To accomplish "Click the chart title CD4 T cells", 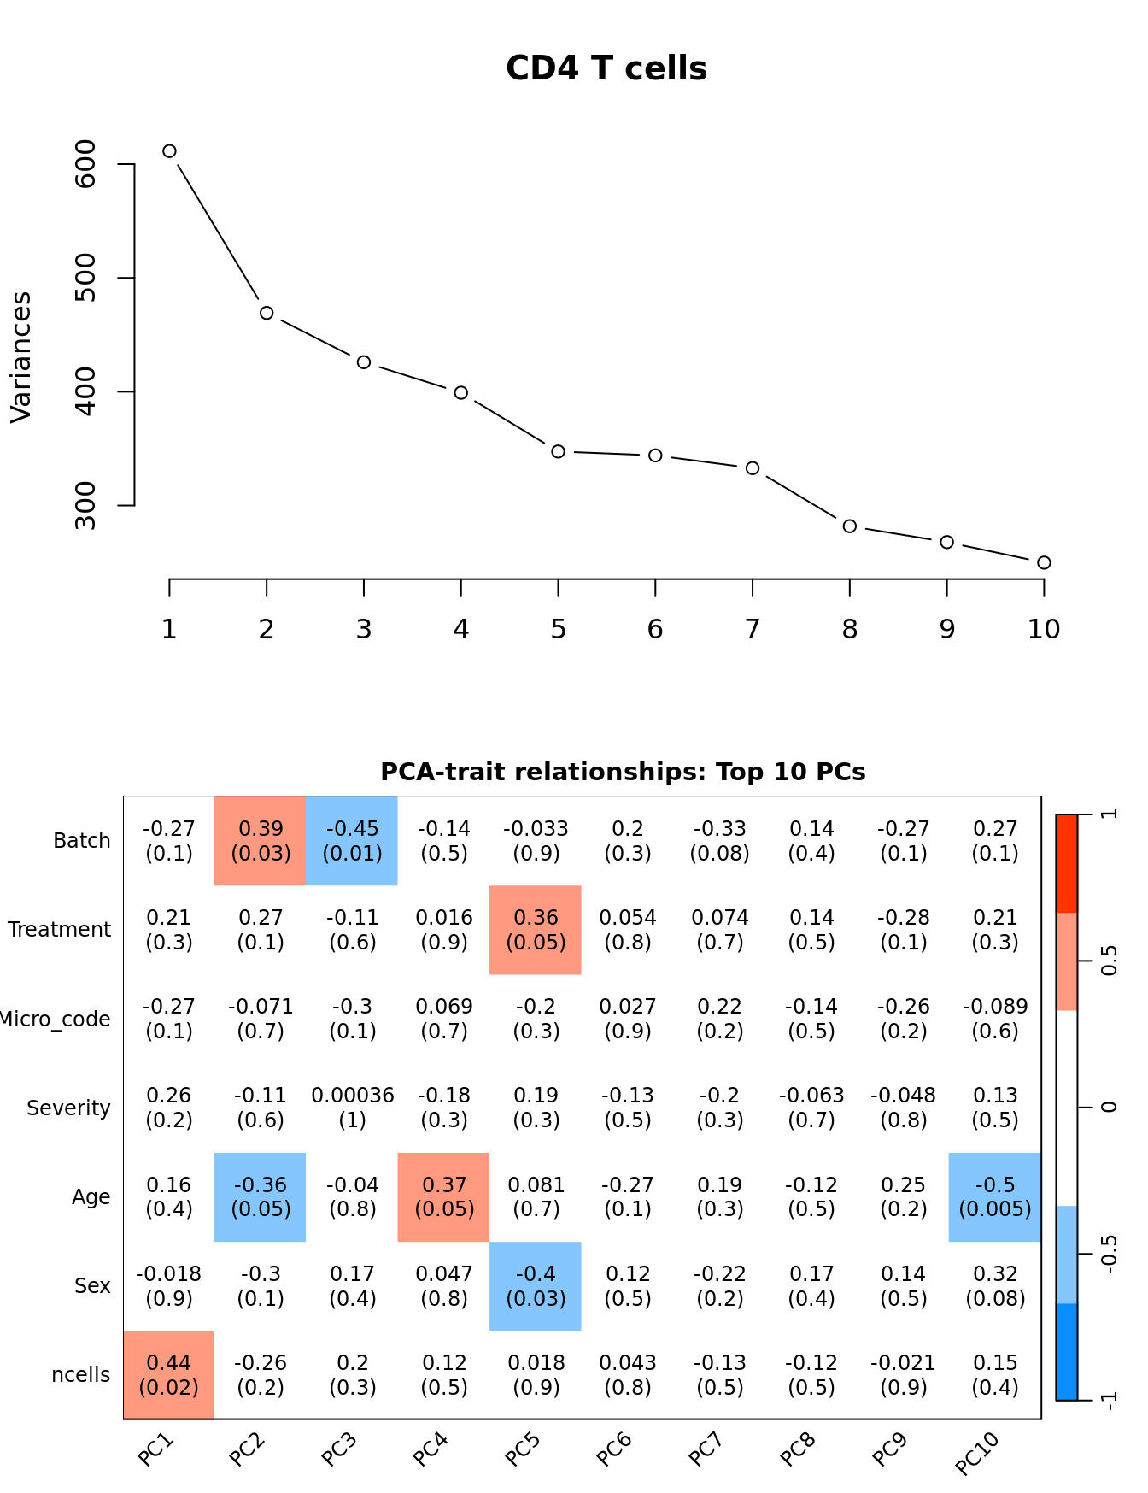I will pyautogui.click(x=606, y=68).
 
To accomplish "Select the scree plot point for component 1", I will pyautogui.click(x=169, y=151).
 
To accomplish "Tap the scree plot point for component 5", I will pyautogui.click(x=558, y=451).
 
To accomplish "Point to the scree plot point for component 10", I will pyautogui.click(x=1043, y=562).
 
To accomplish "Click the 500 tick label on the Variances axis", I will pyautogui.click(x=86, y=278).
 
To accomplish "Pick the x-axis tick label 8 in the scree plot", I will pyautogui.click(x=849, y=630).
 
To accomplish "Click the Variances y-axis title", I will pyautogui.click(x=21, y=357).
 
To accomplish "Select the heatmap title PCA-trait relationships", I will pyautogui.click(x=623, y=772).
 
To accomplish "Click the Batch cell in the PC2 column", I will pyautogui.click(x=261, y=841).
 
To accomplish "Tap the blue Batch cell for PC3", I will pyautogui.click(x=352, y=841).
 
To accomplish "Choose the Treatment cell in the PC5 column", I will pyautogui.click(x=536, y=930).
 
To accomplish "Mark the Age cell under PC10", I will pyautogui.click(x=995, y=1196).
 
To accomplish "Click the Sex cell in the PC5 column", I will pyautogui.click(x=536, y=1286).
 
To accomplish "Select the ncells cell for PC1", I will pyautogui.click(x=169, y=1374).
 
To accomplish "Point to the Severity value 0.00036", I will pyautogui.click(x=352, y=1096).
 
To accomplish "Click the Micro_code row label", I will pyautogui.click(x=55, y=1019).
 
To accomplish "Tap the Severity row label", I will pyautogui.click(x=68, y=1108).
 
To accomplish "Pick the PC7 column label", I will pyautogui.click(x=706, y=1449).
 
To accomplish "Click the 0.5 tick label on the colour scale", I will pyautogui.click(x=1109, y=961).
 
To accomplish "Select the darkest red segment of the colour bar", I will pyautogui.click(x=1066, y=863).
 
